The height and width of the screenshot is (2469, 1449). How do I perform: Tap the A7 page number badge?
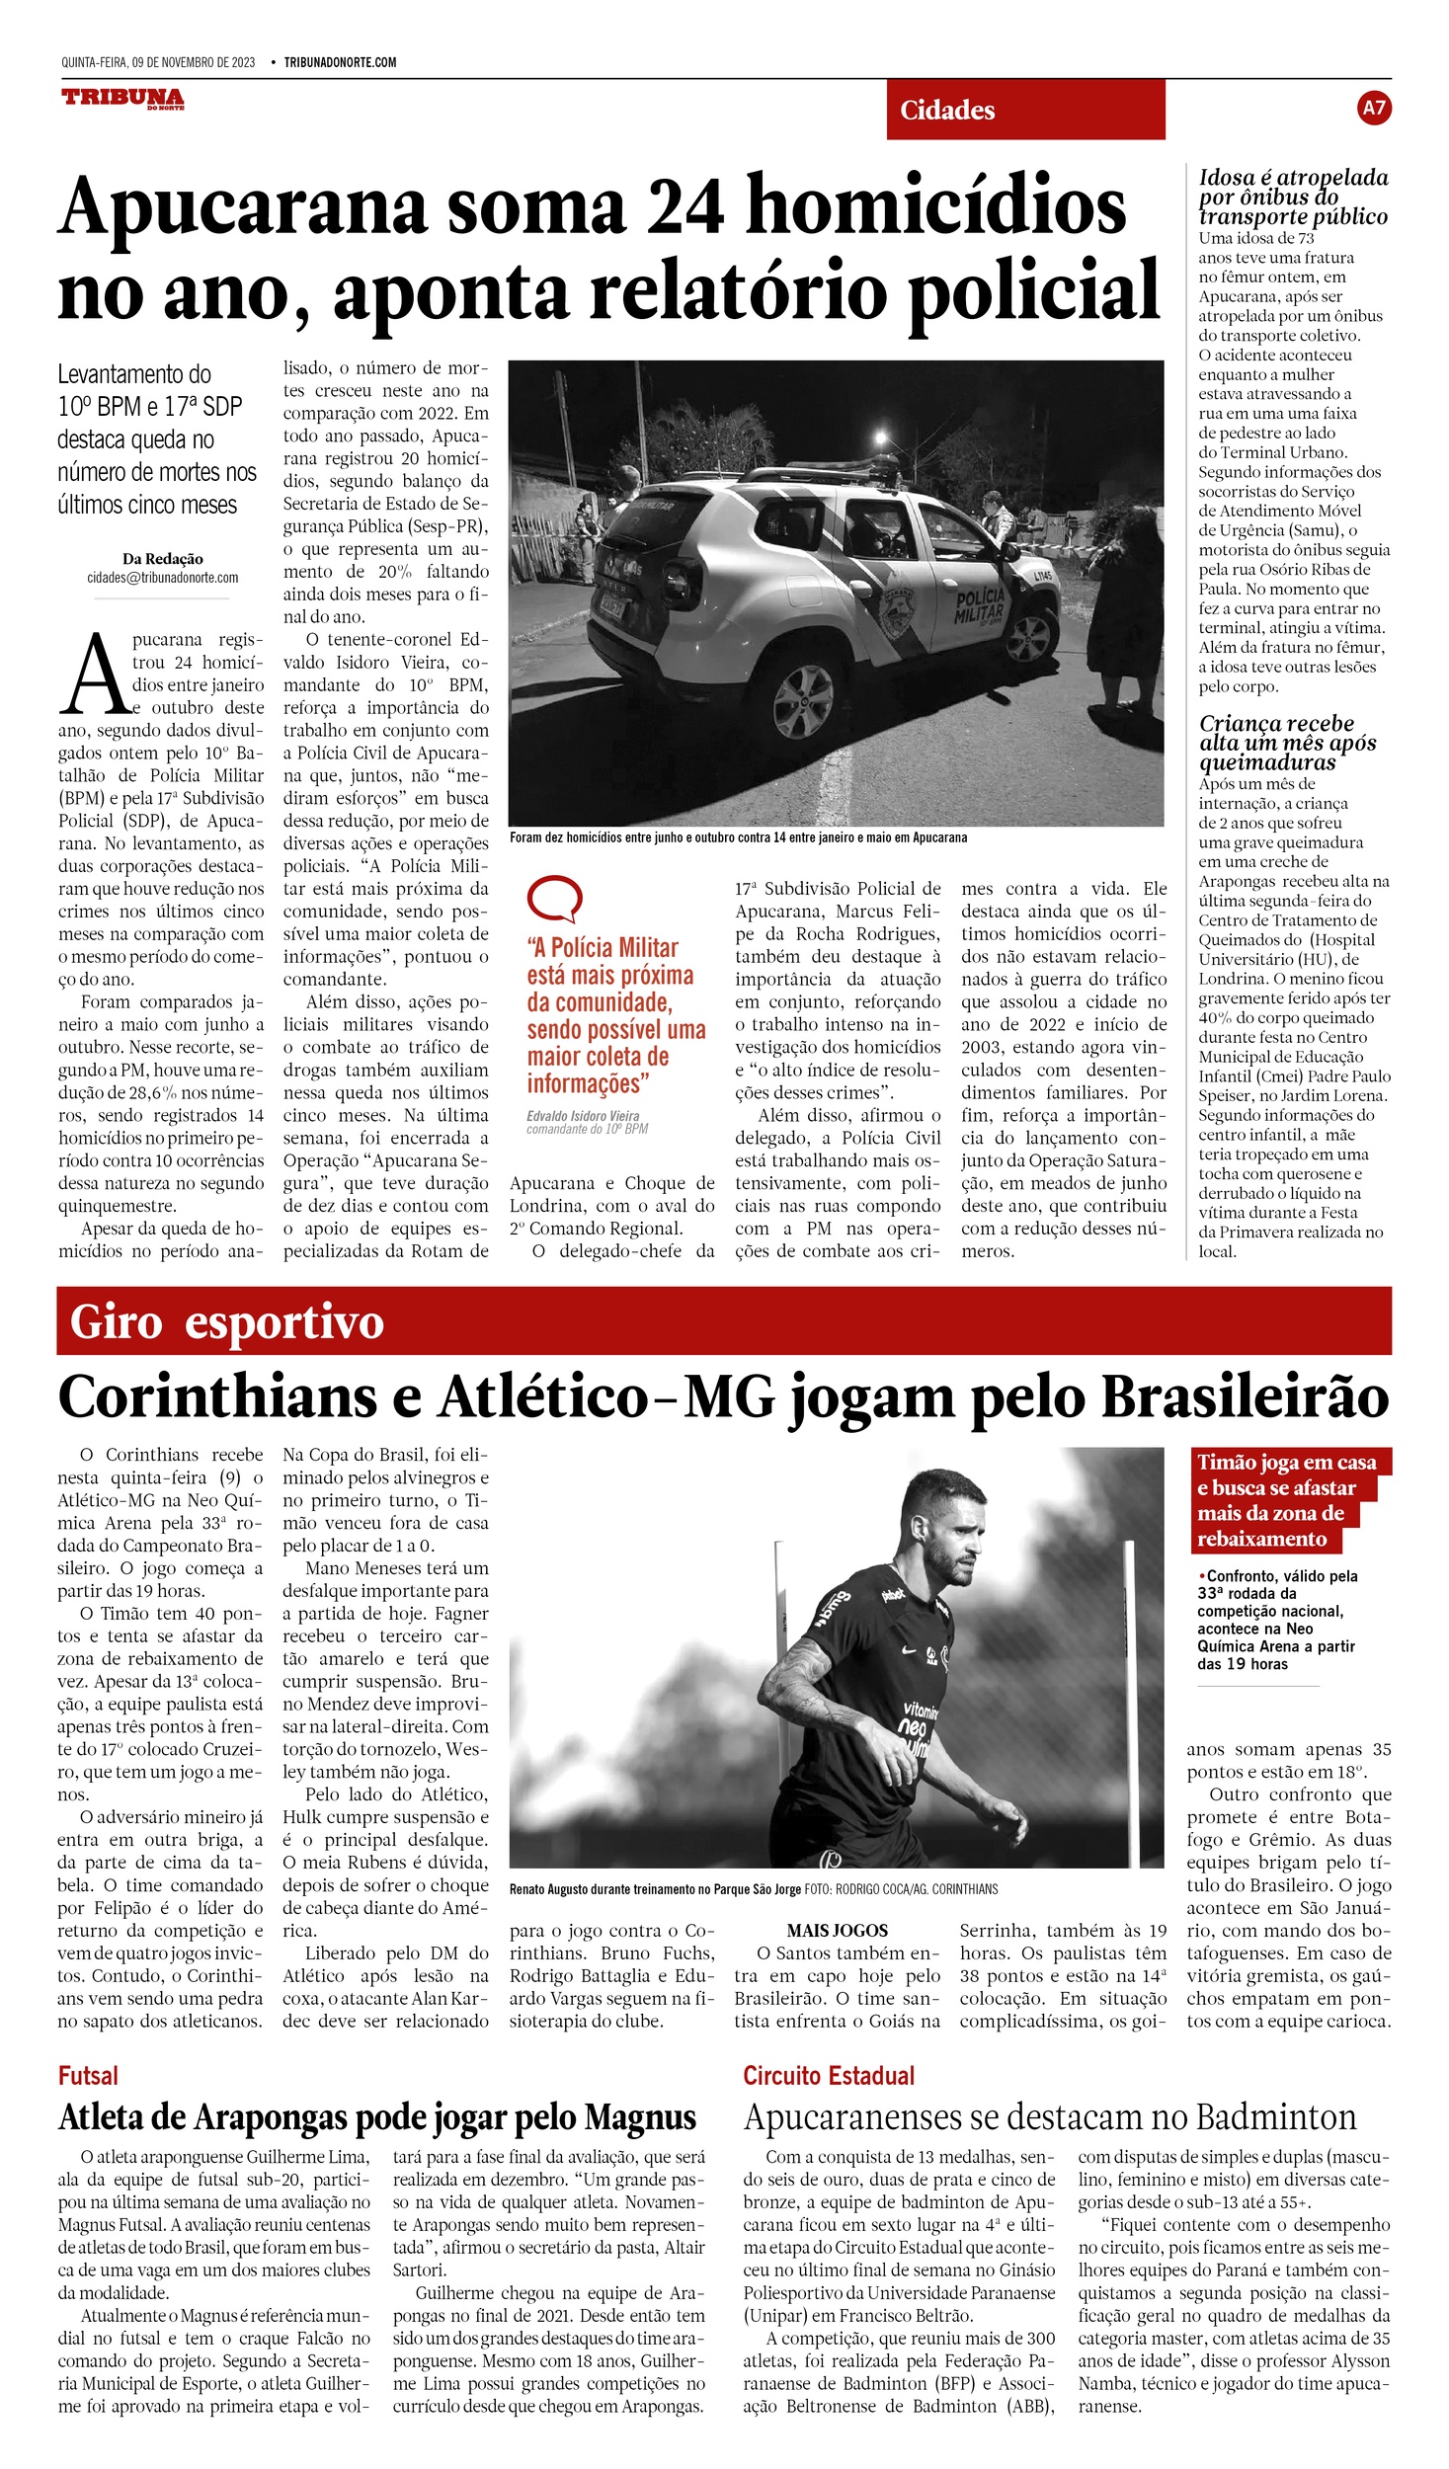tap(1374, 108)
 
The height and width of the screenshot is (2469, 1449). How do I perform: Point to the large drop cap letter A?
tap(95, 676)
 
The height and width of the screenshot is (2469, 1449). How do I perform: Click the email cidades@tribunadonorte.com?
tap(163, 578)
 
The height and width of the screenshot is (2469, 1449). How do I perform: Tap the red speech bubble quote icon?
tap(554, 899)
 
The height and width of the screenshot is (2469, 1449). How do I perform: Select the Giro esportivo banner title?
tap(227, 1322)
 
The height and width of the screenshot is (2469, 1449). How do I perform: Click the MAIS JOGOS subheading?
tap(837, 1931)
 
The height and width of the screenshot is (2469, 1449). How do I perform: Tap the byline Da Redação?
tap(163, 559)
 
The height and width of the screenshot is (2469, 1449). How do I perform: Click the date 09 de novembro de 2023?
tap(193, 62)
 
